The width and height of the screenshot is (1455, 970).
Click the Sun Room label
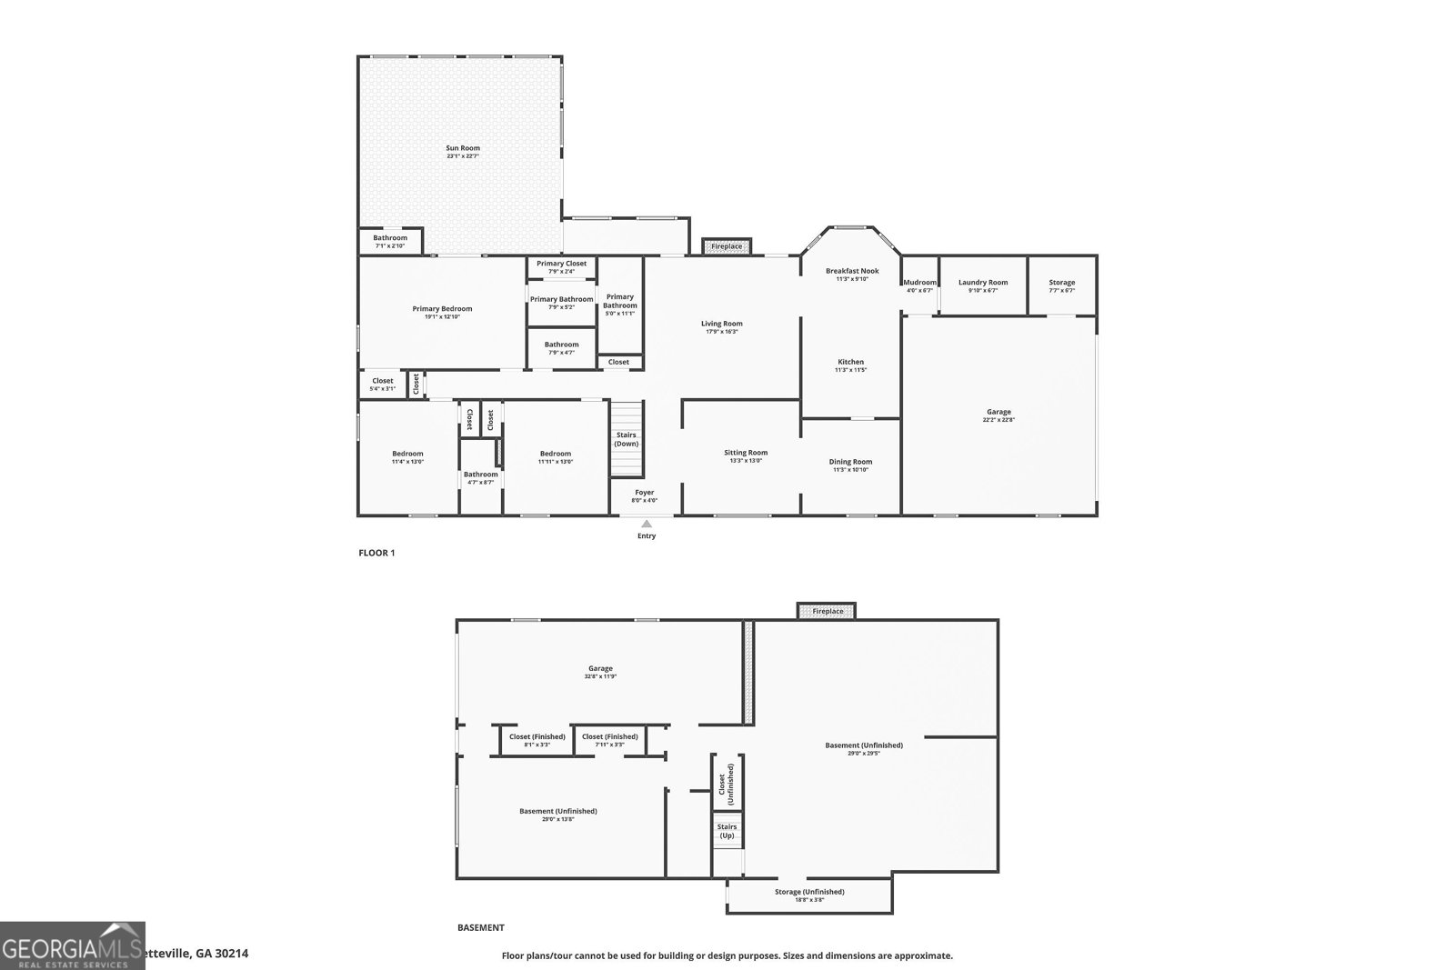[462, 148]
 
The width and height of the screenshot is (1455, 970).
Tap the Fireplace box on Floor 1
[726, 246]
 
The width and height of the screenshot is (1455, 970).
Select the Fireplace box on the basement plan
[827, 611]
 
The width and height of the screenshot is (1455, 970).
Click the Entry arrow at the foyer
[647, 524]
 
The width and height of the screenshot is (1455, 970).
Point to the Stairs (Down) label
[627, 439]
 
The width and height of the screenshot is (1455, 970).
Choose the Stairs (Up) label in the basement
[727, 831]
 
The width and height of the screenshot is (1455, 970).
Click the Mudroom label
[919, 283]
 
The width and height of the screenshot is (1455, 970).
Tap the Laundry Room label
[983, 283]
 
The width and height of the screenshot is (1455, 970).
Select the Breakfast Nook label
[852, 271]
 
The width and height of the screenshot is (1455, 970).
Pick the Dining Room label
[851, 462]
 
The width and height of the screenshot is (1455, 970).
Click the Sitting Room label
[746, 453]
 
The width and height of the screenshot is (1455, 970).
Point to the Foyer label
[644, 492]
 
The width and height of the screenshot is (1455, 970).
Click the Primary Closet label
[561, 264]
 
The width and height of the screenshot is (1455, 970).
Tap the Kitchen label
[851, 362]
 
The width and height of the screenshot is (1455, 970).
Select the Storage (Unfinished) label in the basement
[809, 892]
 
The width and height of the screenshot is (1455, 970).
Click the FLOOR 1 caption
[376, 552]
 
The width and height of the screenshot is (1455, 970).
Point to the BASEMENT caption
[480, 928]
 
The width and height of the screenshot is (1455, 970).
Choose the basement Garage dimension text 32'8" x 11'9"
[600, 676]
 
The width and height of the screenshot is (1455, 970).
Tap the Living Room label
[721, 324]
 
